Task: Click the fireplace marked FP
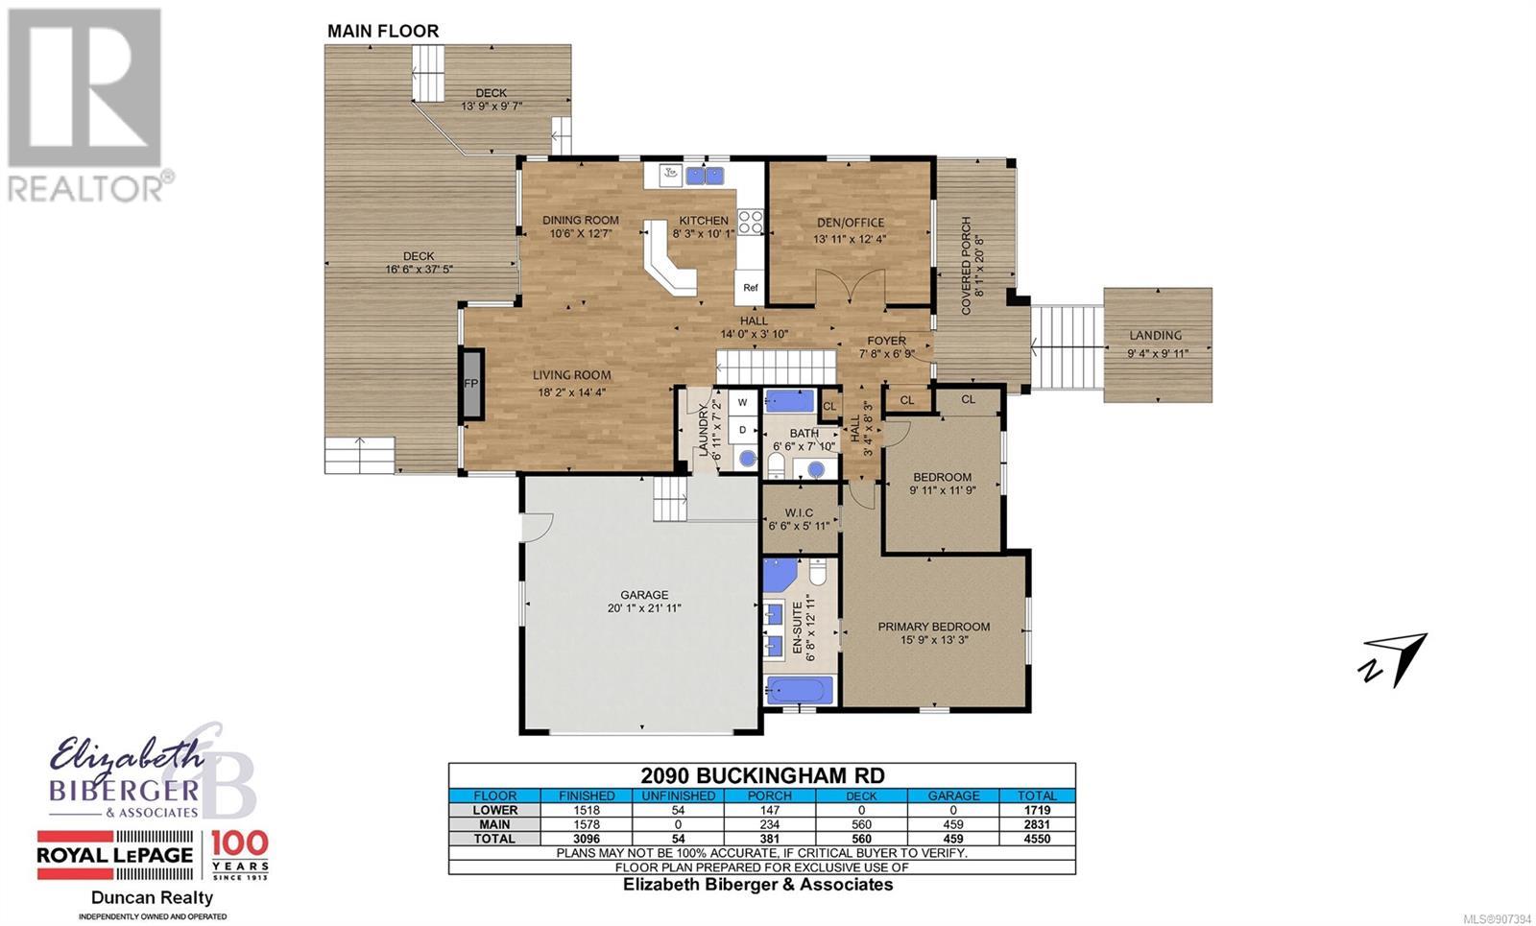point(471,384)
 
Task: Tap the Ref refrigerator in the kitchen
point(750,288)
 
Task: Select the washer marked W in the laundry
point(742,403)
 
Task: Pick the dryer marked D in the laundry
point(742,431)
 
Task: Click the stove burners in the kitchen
point(750,223)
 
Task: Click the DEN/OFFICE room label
point(851,223)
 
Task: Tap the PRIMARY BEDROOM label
point(934,627)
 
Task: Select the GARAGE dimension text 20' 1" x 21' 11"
point(644,608)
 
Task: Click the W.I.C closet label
point(799,512)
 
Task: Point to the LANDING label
point(1156,335)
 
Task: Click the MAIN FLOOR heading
point(383,31)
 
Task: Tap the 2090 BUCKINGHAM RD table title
point(762,775)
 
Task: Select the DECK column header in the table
point(861,795)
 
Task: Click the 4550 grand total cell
point(1037,839)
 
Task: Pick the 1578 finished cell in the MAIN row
point(587,824)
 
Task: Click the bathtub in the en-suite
point(801,690)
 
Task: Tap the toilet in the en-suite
point(818,570)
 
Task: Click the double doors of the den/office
point(851,287)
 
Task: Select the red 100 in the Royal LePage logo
point(239,843)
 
